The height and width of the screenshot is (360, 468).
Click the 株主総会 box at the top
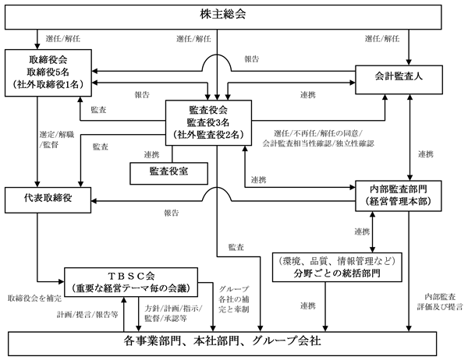(x=223, y=17)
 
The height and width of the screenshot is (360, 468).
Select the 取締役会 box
(x=48, y=72)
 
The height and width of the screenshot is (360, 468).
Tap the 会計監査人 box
(x=399, y=79)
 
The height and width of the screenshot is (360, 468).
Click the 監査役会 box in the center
(x=208, y=122)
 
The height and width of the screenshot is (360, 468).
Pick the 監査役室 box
(x=169, y=173)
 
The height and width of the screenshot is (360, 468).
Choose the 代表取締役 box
(x=48, y=199)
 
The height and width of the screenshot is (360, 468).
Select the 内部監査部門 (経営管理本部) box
(x=399, y=196)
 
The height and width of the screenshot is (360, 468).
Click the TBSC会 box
(x=131, y=282)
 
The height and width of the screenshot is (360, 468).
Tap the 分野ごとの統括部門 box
(x=337, y=267)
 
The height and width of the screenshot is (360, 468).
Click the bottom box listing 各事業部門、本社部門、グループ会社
(x=222, y=344)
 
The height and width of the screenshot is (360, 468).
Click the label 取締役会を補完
(x=34, y=298)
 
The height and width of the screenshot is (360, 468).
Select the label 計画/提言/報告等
(x=87, y=315)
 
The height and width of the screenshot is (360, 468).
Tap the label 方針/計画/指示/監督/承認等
(x=173, y=313)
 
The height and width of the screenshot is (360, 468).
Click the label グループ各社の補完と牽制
(x=234, y=299)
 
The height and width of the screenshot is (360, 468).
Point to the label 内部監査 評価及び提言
(x=440, y=302)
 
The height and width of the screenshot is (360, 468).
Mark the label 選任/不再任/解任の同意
(x=318, y=133)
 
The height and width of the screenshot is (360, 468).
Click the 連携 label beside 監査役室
(x=151, y=155)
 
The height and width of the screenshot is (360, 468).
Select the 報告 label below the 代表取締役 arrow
(x=172, y=213)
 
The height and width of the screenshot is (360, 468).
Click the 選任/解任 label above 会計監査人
(x=382, y=39)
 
